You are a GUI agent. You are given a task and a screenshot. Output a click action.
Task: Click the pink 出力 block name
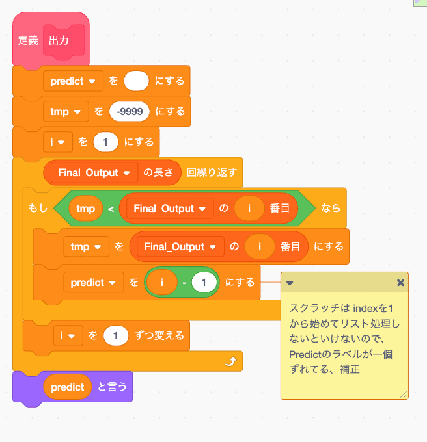point(64,41)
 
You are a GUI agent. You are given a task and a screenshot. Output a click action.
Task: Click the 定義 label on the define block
point(28,41)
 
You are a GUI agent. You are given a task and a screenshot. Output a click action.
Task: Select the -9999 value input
point(130,111)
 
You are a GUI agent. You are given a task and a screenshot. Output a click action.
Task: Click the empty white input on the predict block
point(136,81)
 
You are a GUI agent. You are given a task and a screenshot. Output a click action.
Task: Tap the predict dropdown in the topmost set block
point(72,81)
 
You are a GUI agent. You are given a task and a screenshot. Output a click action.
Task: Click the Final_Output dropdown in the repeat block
point(94,173)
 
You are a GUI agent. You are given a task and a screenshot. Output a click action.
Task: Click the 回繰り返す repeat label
point(212,173)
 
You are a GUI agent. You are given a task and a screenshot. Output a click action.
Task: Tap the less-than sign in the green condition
point(111,209)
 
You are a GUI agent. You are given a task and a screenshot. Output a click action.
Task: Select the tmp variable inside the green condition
point(86,209)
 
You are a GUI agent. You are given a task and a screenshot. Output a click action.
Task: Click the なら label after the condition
point(331,209)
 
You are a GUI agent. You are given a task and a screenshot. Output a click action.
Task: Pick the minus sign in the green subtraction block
point(185,283)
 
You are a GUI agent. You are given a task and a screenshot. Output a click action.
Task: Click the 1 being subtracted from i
point(204,283)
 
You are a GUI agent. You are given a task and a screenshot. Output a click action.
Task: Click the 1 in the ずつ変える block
point(117,336)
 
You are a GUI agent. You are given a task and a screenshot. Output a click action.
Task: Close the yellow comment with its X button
point(400,283)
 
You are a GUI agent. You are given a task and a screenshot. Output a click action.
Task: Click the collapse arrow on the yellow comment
point(290,283)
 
